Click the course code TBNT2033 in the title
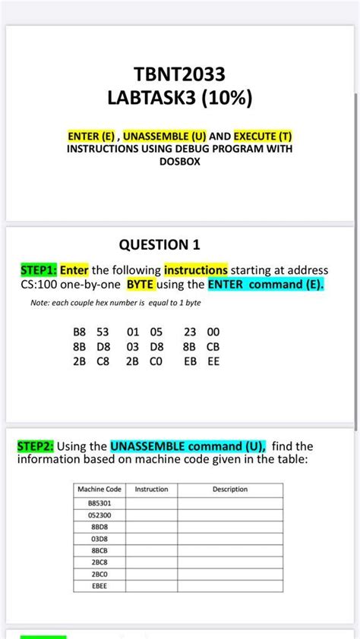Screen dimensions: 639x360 coord(179,74)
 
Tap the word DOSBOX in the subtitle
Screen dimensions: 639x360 coord(179,162)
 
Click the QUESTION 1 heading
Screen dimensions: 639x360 coord(159,244)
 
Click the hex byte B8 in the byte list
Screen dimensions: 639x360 coord(80,332)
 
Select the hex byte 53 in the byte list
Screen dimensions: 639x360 coord(103,332)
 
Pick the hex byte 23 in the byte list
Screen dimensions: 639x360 coord(191,332)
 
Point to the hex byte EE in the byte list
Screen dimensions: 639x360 coord(213,362)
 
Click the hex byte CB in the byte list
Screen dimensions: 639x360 coord(213,347)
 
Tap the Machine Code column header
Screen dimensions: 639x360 coord(99,489)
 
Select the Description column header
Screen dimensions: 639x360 coord(230,489)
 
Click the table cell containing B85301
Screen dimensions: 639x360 coord(99,503)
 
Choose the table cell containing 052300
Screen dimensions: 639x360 coord(99,515)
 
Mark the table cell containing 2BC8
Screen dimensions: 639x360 coord(99,562)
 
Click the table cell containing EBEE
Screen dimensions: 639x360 coord(99,586)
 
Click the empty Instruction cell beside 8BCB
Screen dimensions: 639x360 coord(151,551)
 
